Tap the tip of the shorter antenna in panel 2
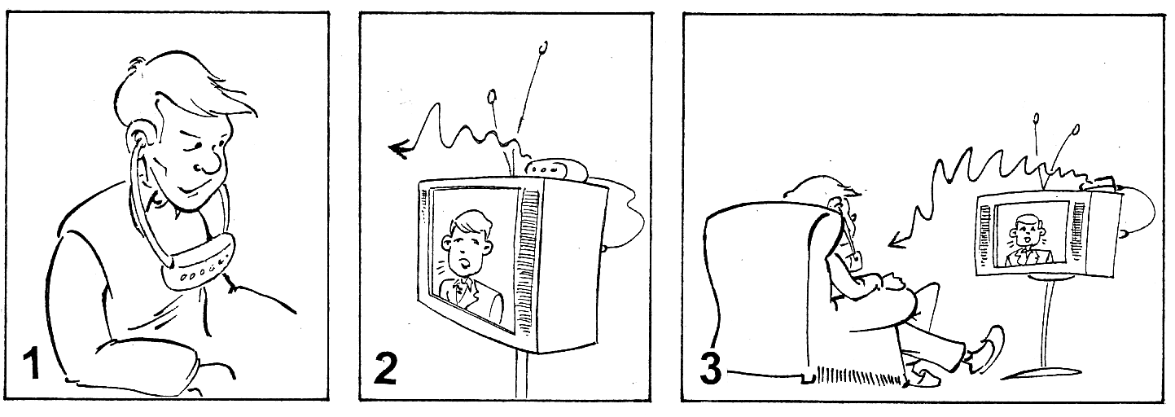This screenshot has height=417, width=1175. pos(492,96)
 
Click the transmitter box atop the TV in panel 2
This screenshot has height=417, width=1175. pos(557,170)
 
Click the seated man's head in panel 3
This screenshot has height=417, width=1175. pos(829,197)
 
